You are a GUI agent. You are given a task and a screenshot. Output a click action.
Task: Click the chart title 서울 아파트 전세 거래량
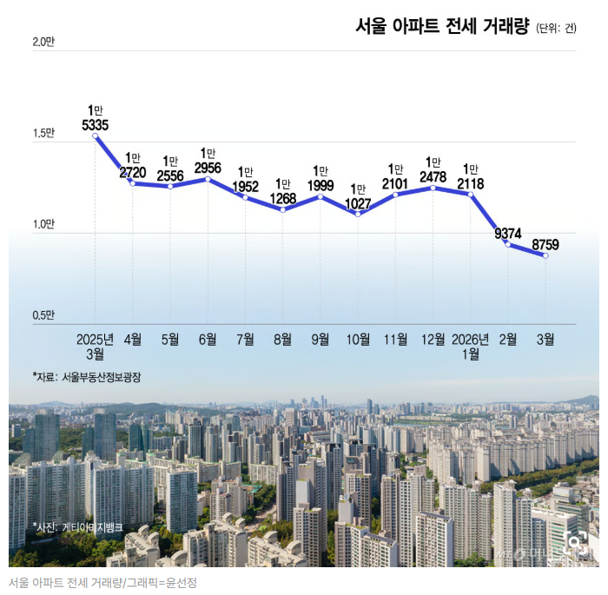[x=441, y=26]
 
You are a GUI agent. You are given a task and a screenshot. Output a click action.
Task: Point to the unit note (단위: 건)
[x=557, y=28]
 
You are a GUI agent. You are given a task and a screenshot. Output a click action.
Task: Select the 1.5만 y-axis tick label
[x=43, y=134]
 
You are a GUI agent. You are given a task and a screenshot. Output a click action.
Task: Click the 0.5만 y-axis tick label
[x=43, y=315]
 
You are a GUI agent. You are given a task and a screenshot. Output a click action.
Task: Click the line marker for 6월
[x=208, y=179]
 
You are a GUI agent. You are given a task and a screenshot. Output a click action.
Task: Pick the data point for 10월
[x=358, y=214]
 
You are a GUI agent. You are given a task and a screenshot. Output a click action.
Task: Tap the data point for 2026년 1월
[x=471, y=195]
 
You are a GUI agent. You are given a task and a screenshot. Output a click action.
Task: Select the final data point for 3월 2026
[x=545, y=255]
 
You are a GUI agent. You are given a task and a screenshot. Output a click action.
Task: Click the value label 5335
[x=96, y=126]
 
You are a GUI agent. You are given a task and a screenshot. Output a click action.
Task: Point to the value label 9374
[x=508, y=233]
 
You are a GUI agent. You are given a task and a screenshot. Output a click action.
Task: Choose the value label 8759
[x=545, y=245]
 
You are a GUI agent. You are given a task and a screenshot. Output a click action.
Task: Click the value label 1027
[x=358, y=203]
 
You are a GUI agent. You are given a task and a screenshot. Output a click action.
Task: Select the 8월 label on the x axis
[x=282, y=339]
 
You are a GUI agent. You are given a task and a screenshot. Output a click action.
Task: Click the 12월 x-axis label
[x=433, y=339]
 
